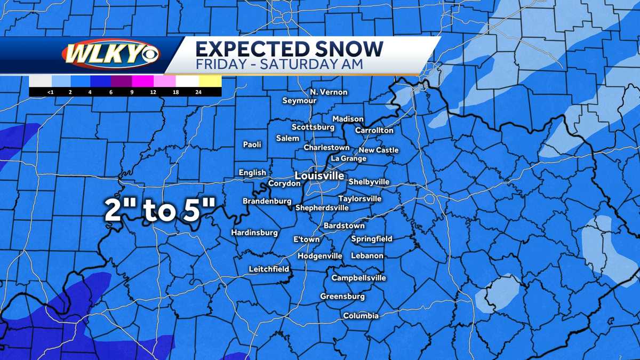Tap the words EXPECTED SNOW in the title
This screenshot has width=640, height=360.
(x=289, y=49)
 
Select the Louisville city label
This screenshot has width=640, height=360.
(x=319, y=175)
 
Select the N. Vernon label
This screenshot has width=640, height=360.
(x=329, y=92)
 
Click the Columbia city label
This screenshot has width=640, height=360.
(x=361, y=316)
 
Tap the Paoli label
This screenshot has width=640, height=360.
(x=252, y=145)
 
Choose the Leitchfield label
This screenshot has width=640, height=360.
(x=269, y=269)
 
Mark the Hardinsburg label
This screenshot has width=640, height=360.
(x=254, y=233)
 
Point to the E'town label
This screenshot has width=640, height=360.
(x=307, y=239)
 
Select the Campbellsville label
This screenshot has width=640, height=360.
(x=358, y=278)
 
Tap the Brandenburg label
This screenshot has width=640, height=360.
(x=267, y=201)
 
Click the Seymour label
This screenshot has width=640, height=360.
(x=299, y=101)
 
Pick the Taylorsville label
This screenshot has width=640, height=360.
(x=360, y=198)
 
